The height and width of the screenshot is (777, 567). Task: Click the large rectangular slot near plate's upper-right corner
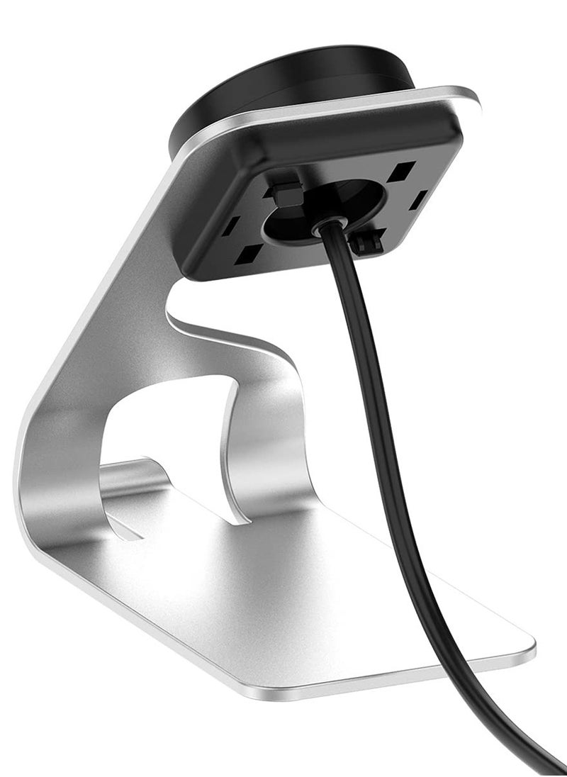(403, 170)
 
